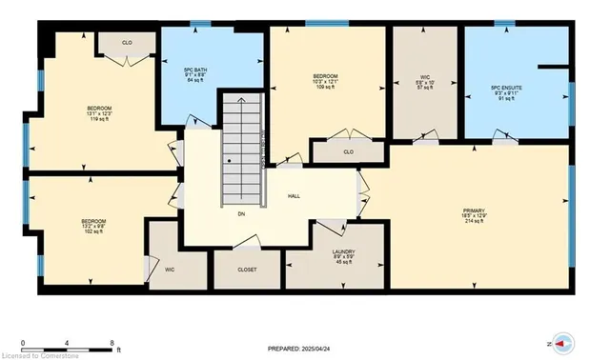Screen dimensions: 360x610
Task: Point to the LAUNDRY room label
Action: pos(331,230)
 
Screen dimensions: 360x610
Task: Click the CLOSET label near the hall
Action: pos(247,270)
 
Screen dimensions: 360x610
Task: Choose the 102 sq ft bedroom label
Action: pos(92,226)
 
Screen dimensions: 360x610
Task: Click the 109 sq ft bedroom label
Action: pos(326,82)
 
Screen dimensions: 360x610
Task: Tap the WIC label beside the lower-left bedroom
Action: pos(169,270)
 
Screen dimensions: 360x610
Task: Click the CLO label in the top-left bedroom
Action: pos(127,43)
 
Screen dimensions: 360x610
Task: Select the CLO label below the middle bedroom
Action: pos(348,151)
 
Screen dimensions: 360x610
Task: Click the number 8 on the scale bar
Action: pos(112,341)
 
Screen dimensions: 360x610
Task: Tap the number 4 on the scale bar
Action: pos(68,341)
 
